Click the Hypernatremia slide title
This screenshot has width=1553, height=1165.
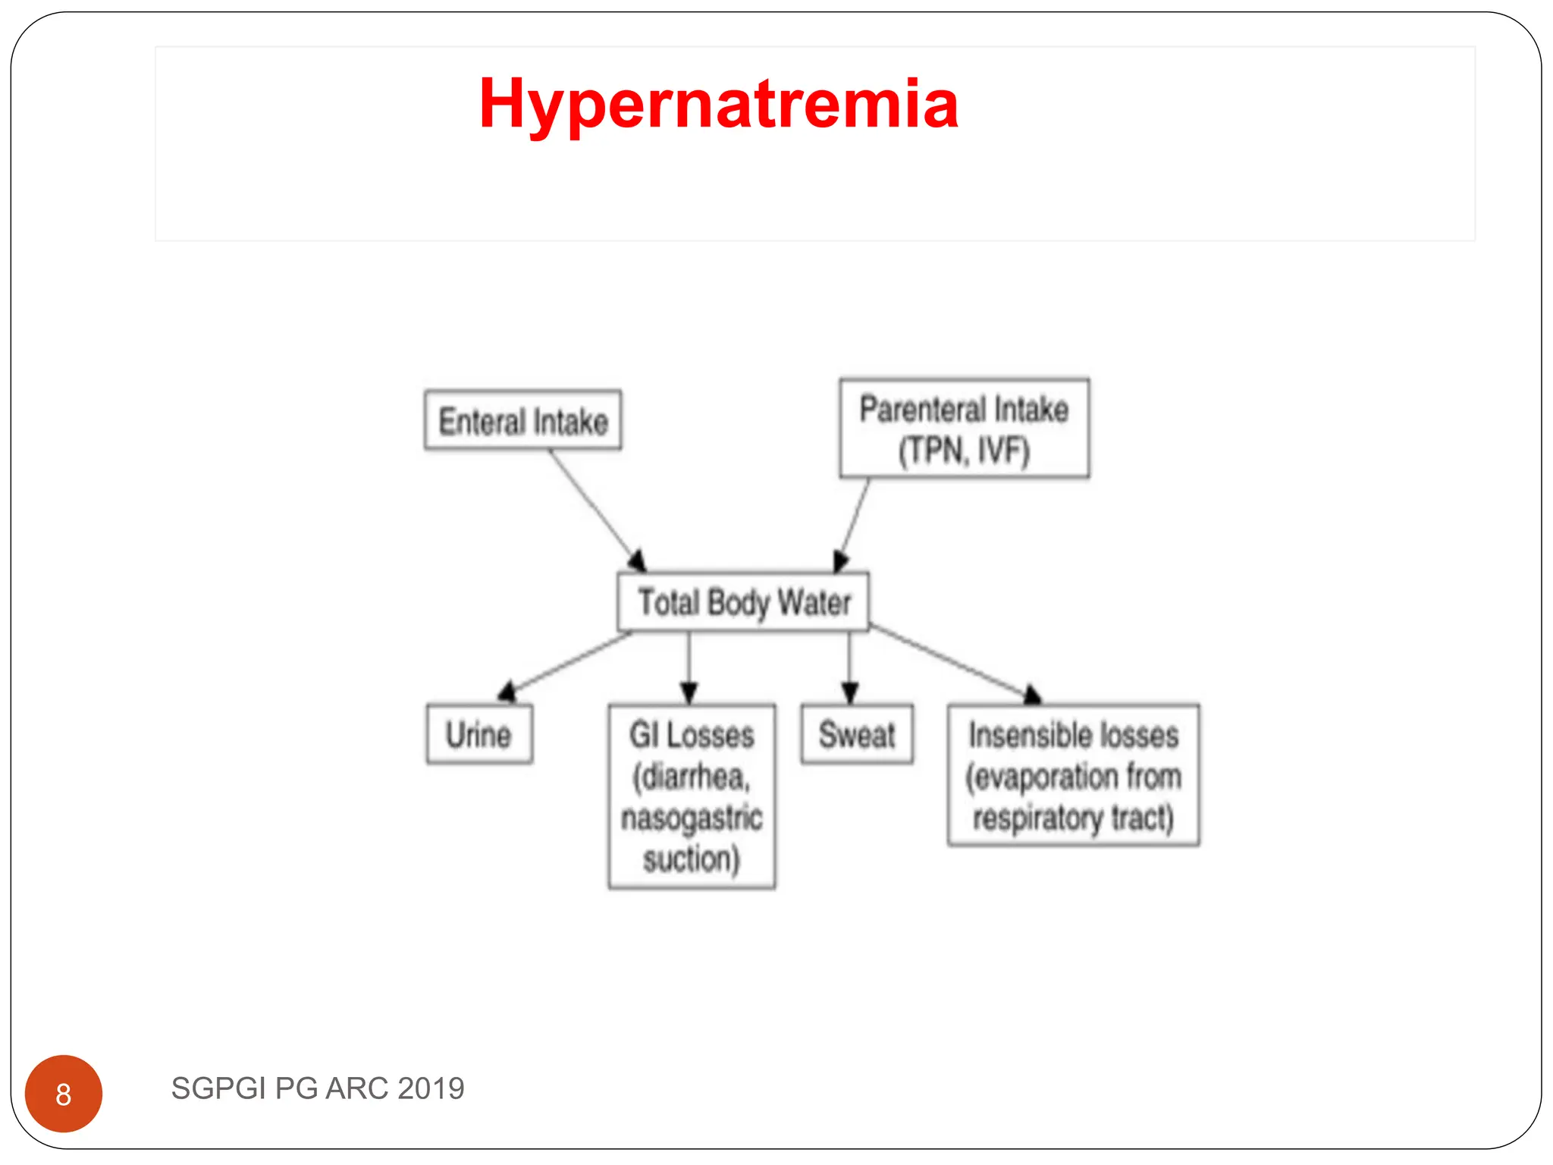[718, 104]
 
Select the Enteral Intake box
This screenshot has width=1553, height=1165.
[523, 421]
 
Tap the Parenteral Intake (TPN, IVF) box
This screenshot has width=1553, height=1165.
[964, 429]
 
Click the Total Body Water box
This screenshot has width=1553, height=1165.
[743, 602]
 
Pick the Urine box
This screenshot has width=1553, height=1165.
[479, 734]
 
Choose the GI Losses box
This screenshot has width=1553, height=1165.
[692, 796]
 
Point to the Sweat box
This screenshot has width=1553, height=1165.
[857, 734]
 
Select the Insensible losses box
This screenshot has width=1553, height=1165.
[1073, 775]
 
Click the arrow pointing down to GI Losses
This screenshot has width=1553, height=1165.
[689, 667]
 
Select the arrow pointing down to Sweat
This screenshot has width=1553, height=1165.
[849, 667]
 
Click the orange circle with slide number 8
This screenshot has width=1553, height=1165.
[64, 1094]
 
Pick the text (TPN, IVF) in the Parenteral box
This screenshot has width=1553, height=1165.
[964, 451]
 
